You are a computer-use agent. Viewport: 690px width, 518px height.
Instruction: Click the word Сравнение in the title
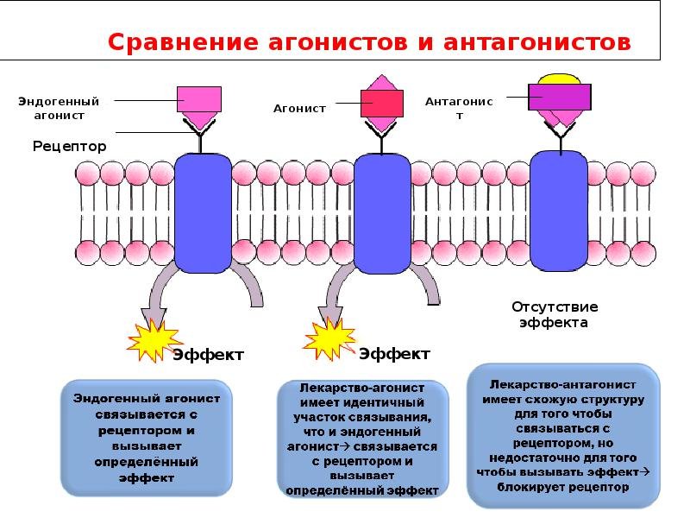coord(183,42)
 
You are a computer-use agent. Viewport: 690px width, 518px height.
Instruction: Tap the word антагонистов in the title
coord(537,42)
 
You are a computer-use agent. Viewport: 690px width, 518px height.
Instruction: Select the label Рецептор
coord(70,146)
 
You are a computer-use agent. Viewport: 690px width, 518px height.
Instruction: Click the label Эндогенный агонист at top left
coord(59,109)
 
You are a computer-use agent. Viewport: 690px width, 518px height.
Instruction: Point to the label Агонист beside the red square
coord(299,109)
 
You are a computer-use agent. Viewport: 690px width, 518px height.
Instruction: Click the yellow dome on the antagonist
coord(559,79)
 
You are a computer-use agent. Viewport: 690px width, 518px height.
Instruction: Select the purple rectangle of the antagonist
coord(559,97)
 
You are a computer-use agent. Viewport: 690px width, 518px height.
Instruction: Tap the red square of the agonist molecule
coord(382,104)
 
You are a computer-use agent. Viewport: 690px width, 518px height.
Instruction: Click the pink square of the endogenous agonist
coord(199,99)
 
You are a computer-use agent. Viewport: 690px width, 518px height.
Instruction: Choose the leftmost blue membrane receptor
coord(203,213)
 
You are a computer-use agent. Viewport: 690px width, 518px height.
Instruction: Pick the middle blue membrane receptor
coord(382,214)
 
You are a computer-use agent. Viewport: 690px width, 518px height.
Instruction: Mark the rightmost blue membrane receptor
coord(558,211)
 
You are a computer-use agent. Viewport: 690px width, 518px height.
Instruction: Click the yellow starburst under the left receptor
coord(154,340)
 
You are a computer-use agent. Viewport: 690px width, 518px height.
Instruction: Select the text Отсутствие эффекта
coord(555,314)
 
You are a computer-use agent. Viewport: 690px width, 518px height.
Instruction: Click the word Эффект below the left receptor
coord(208,355)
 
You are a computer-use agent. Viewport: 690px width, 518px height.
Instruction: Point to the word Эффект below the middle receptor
coord(395,354)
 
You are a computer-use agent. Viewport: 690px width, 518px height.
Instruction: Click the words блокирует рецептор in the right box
coord(563,487)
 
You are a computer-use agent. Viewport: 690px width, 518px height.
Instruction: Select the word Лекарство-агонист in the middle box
coord(362,388)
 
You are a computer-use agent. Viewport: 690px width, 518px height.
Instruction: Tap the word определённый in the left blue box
coord(147,463)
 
